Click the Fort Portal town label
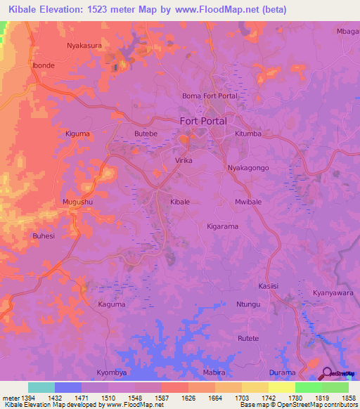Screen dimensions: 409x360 pyautogui.click(x=203, y=121)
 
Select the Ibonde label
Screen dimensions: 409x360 pyautogui.click(x=43, y=65)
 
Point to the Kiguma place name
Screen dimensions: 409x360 pyautogui.click(x=77, y=133)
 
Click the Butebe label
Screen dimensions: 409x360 pyautogui.click(x=146, y=133)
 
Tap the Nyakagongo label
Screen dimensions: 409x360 pyautogui.click(x=249, y=169)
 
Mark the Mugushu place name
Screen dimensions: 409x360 pyautogui.click(x=77, y=202)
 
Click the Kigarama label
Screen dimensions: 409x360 pyautogui.click(x=223, y=227)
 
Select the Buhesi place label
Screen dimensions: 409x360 pyautogui.click(x=43, y=236)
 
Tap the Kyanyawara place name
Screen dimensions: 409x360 pyautogui.click(x=333, y=292)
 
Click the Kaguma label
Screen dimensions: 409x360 pyautogui.click(x=111, y=304)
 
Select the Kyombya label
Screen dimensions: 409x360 pyautogui.click(x=111, y=371)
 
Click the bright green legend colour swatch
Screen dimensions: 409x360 pyautogui.click(x=308, y=387)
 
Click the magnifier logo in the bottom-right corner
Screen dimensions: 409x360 pyautogui.click(x=328, y=374)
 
